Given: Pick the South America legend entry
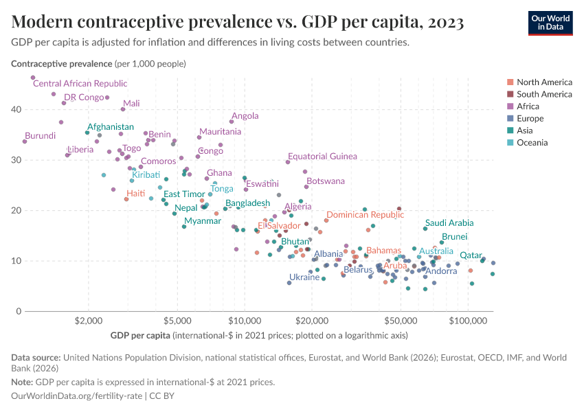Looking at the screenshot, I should point(543,94).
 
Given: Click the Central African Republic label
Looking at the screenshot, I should point(80,84).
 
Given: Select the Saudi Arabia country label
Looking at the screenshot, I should point(449,223).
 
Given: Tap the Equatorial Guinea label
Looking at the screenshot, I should point(322,157).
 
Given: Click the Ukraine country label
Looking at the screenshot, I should point(304,277).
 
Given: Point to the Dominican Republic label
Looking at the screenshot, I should point(365,215).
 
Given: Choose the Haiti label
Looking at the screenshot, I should point(135,194).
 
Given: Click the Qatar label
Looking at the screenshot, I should point(471,255).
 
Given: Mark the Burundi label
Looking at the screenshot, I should point(40,136).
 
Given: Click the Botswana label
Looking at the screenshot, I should point(326,181).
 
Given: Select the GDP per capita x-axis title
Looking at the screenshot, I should point(139,336).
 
